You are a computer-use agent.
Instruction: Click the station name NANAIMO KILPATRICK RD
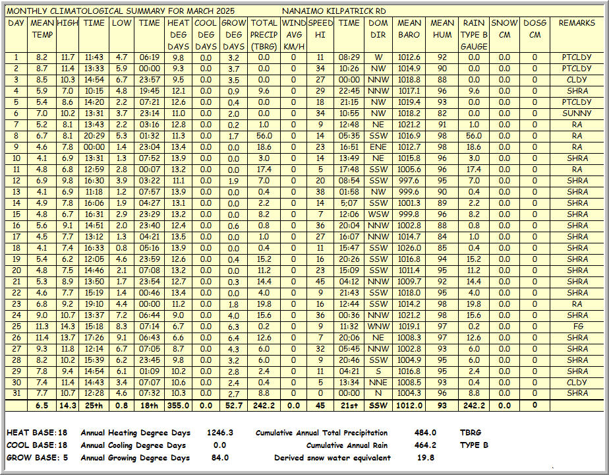tap(333, 11)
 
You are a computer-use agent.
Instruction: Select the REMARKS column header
tap(577, 23)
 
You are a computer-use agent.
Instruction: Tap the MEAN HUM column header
tap(442, 29)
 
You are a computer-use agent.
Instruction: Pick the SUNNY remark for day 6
tap(577, 113)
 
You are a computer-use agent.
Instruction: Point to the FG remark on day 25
tap(577, 327)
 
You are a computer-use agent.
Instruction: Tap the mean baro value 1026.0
tap(409, 248)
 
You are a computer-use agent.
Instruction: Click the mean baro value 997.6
tap(409, 181)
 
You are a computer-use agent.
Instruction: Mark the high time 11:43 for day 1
tap(94, 57)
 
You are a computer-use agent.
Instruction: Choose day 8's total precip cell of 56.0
tap(264, 136)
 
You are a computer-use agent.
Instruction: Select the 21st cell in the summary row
tap(349, 405)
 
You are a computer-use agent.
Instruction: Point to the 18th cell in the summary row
tap(150, 405)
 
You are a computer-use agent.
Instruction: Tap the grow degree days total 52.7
tap(234, 405)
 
